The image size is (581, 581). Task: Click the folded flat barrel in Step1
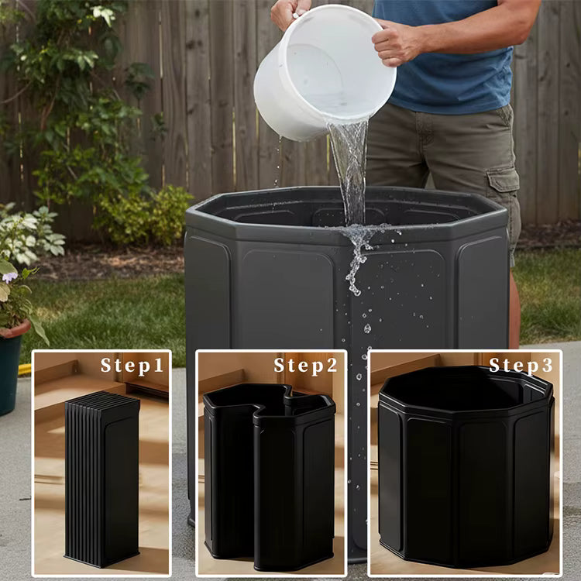(x=101, y=480)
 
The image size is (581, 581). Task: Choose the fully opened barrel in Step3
(x=466, y=465)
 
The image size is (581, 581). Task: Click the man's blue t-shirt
(x=457, y=54)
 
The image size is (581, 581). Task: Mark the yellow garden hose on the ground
(x=25, y=370)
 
